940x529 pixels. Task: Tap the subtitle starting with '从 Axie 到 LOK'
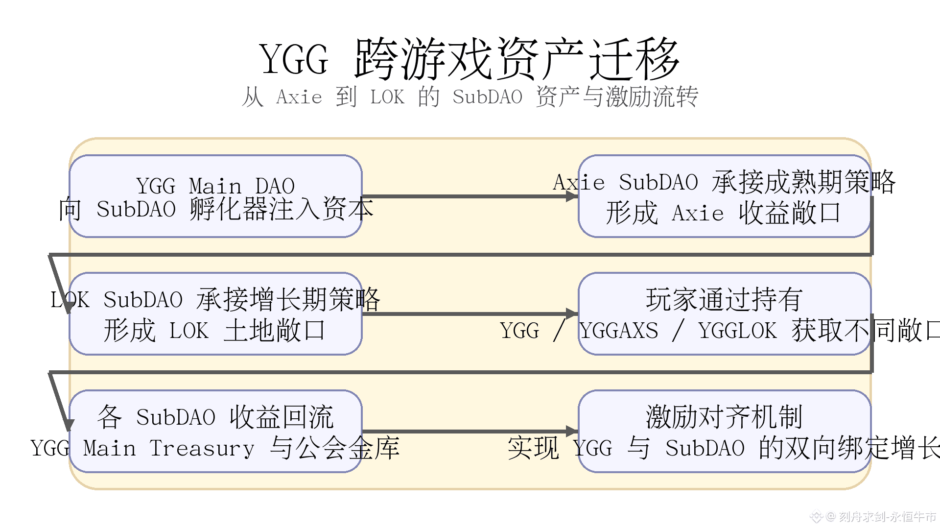point(470,96)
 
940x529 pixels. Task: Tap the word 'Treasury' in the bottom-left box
point(202,448)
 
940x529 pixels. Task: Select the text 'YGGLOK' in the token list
point(737,331)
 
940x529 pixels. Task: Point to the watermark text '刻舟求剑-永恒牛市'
point(887,516)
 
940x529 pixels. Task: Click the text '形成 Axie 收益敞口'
point(723,213)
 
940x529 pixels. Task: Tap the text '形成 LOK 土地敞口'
point(214,331)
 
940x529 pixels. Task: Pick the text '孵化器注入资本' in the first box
point(282,209)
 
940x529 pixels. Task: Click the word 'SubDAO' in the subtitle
point(487,97)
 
